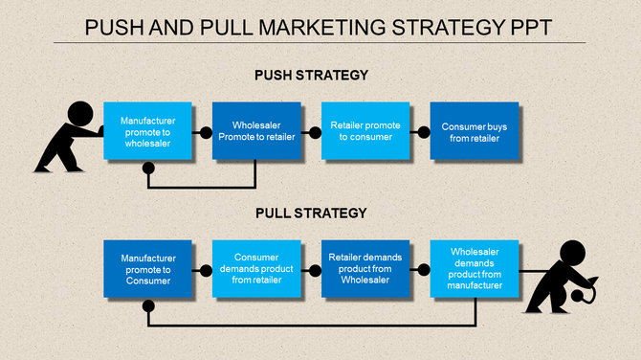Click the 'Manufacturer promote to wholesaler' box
point(147,131)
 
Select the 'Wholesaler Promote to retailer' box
point(255,131)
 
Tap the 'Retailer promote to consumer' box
point(365,131)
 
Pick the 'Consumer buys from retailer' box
point(475,131)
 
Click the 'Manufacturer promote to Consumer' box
point(147,269)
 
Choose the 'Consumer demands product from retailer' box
point(255,269)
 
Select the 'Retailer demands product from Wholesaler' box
point(365,269)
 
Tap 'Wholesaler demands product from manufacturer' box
point(475,269)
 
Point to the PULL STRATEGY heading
point(311,214)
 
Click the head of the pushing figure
point(80,113)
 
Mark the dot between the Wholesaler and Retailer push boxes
point(314,132)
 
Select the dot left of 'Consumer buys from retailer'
point(423,132)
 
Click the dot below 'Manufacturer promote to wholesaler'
point(148,169)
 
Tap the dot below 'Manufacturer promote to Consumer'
point(148,306)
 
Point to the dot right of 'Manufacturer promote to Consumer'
point(205,270)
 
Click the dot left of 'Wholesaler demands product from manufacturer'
point(423,270)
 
